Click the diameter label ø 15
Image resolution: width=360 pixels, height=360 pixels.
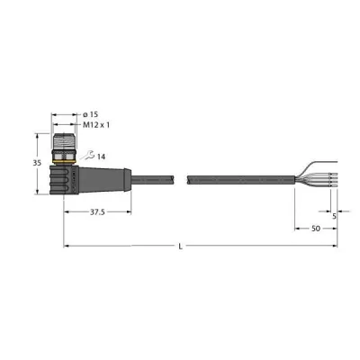pos(91,114)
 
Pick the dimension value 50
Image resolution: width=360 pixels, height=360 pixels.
pos(317,229)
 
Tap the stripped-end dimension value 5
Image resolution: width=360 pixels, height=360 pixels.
pos(335,215)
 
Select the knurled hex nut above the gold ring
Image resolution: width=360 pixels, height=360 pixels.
pos(65,154)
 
